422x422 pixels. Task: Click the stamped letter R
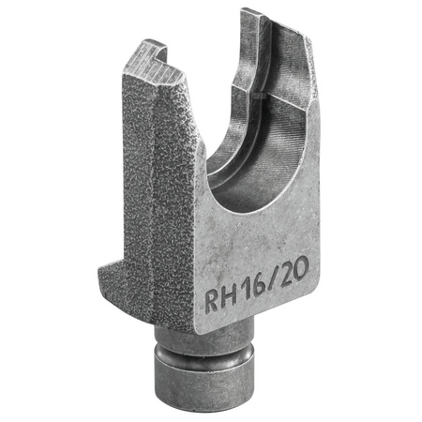point(215,299)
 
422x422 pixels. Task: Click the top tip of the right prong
point(251,13)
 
